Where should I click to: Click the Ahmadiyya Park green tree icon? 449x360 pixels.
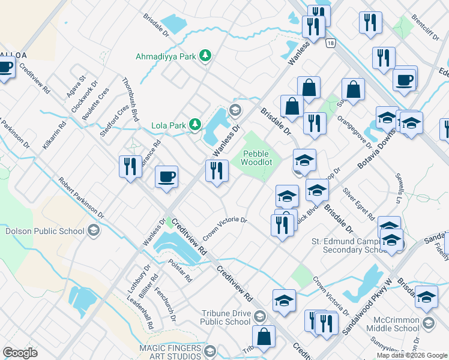[x=205, y=56]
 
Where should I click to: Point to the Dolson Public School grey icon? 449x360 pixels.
[x=93, y=230]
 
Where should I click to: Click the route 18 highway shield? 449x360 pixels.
[x=330, y=43]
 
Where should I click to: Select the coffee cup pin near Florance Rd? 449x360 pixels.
[x=166, y=177]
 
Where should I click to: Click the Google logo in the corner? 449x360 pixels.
[x=20, y=353]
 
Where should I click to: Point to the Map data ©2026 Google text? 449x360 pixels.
[x=411, y=355]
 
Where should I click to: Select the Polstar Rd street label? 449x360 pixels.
[x=180, y=271]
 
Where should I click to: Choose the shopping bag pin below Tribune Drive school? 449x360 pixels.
[x=264, y=337]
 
